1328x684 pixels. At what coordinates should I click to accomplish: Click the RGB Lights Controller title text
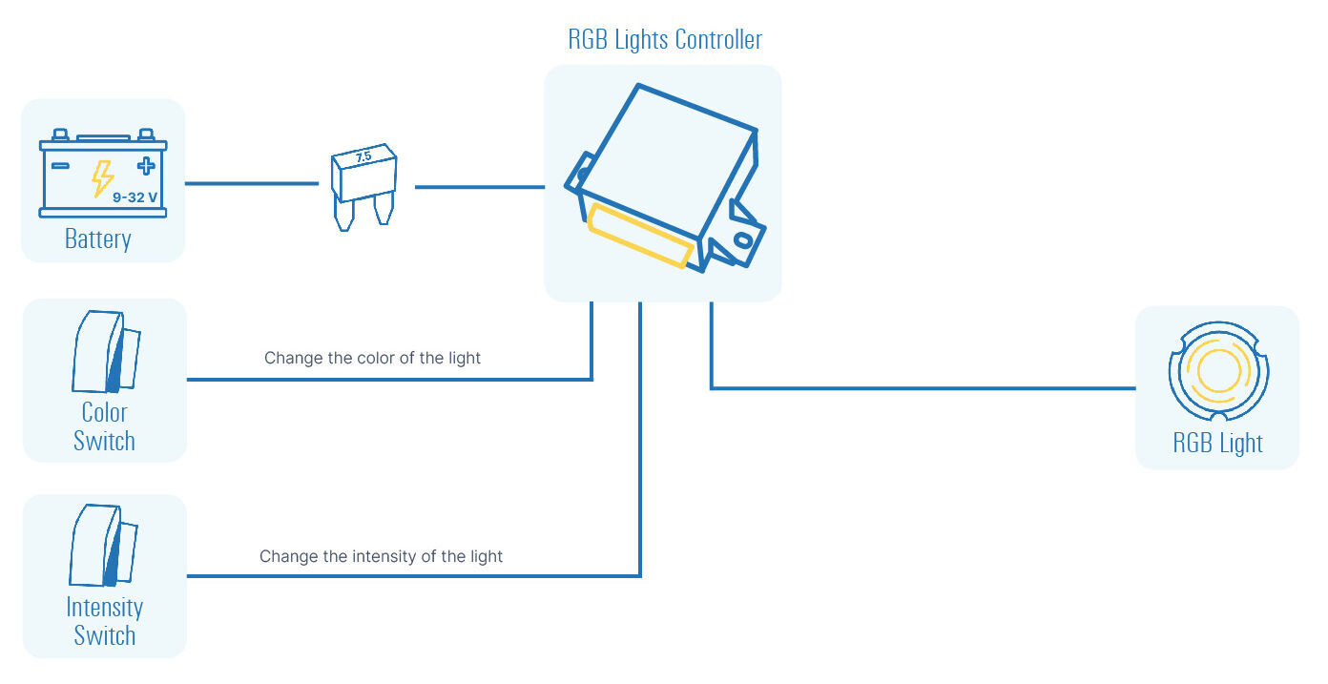coord(665,40)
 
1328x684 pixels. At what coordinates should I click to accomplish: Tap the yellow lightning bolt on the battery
coord(102,178)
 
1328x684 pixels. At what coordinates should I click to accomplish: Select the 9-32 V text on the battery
coord(135,197)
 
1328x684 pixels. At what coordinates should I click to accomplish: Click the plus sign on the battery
coord(145,166)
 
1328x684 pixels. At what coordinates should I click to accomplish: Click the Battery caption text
coord(97,238)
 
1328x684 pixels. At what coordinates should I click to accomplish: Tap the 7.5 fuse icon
coord(363,186)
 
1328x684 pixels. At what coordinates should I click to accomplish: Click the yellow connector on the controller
coord(639,235)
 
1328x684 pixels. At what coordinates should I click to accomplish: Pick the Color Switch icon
coord(106,352)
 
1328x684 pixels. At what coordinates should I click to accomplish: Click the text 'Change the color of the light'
coord(372,359)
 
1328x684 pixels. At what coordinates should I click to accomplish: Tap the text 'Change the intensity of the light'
coord(381,556)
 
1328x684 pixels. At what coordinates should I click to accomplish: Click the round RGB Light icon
coord(1218,371)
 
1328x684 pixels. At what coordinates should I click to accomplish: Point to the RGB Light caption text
coord(1217,443)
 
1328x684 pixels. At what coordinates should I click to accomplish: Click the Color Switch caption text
coord(104,426)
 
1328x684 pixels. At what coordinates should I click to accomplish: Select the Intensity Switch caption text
coord(104,621)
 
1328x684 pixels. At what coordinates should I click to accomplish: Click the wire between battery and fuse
coord(250,183)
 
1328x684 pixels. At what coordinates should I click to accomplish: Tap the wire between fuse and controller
coord(479,187)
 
